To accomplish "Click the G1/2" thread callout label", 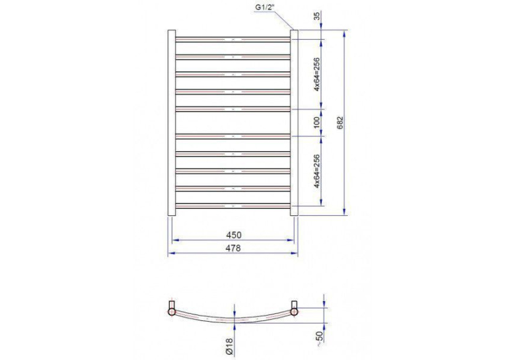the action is (264, 7).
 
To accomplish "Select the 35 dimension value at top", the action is (318, 16).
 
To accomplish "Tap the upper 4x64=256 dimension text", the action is (316, 74).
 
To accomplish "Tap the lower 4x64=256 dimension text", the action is (316, 172).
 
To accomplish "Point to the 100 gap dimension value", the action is (316, 122).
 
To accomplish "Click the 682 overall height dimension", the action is (340, 123).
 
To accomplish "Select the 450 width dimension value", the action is (233, 235).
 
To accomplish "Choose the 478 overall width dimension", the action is (233, 248).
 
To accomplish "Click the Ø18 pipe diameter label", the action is (229, 347).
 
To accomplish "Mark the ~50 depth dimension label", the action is (320, 338).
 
